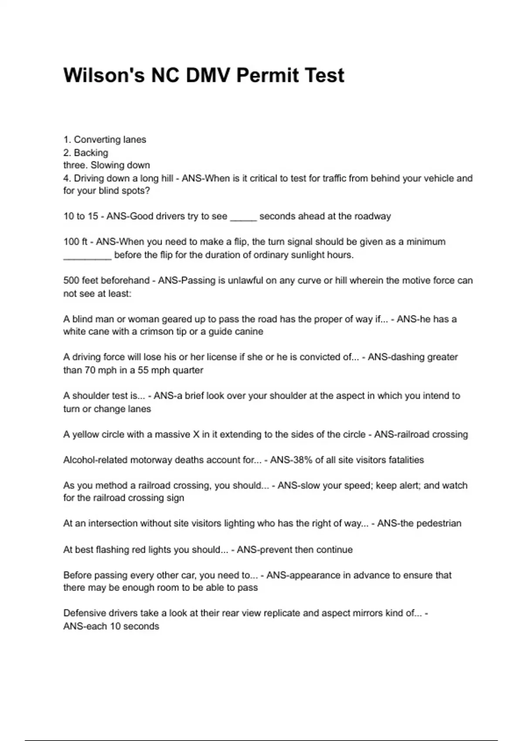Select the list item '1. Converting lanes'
(105, 139)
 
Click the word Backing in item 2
(91, 153)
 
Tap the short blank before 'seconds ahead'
(243, 217)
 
